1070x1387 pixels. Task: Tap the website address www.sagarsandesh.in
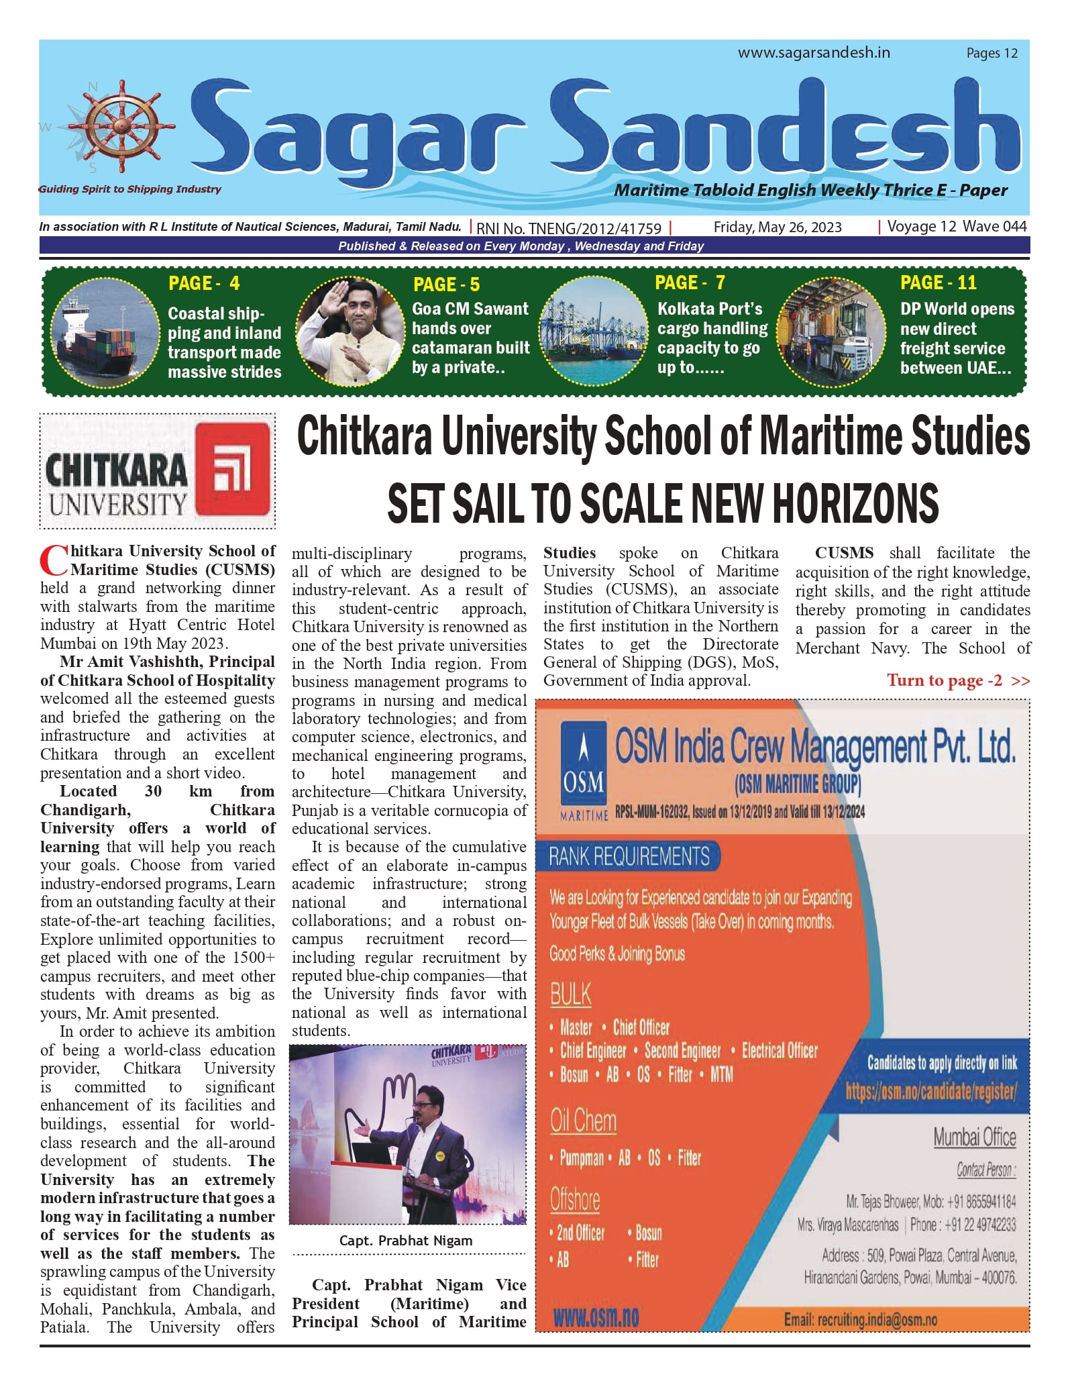click(x=814, y=53)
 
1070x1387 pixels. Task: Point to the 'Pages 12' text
click(x=992, y=54)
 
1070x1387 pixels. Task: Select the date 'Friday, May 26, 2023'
click(x=777, y=227)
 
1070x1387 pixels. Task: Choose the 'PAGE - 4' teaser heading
click(x=204, y=283)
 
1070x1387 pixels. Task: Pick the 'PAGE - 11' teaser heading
click(x=938, y=282)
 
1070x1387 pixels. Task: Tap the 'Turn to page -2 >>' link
click(x=958, y=680)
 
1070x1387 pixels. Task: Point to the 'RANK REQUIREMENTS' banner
click(x=629, y=856)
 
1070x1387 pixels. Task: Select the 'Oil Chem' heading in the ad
click(x=583, y=1121)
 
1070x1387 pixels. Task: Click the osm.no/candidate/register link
click(x=931, y=1092)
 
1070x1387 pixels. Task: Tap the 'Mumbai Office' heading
click(x=974, y=1137)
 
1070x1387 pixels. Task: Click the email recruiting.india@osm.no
click(x=860, y=1320)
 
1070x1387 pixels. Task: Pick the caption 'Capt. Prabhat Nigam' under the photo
click(x=406, y=1241)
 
